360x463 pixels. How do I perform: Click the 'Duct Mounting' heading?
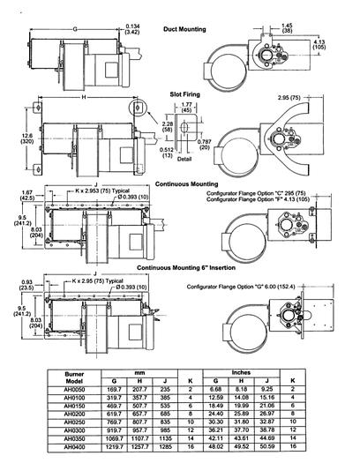click(184, 29)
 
